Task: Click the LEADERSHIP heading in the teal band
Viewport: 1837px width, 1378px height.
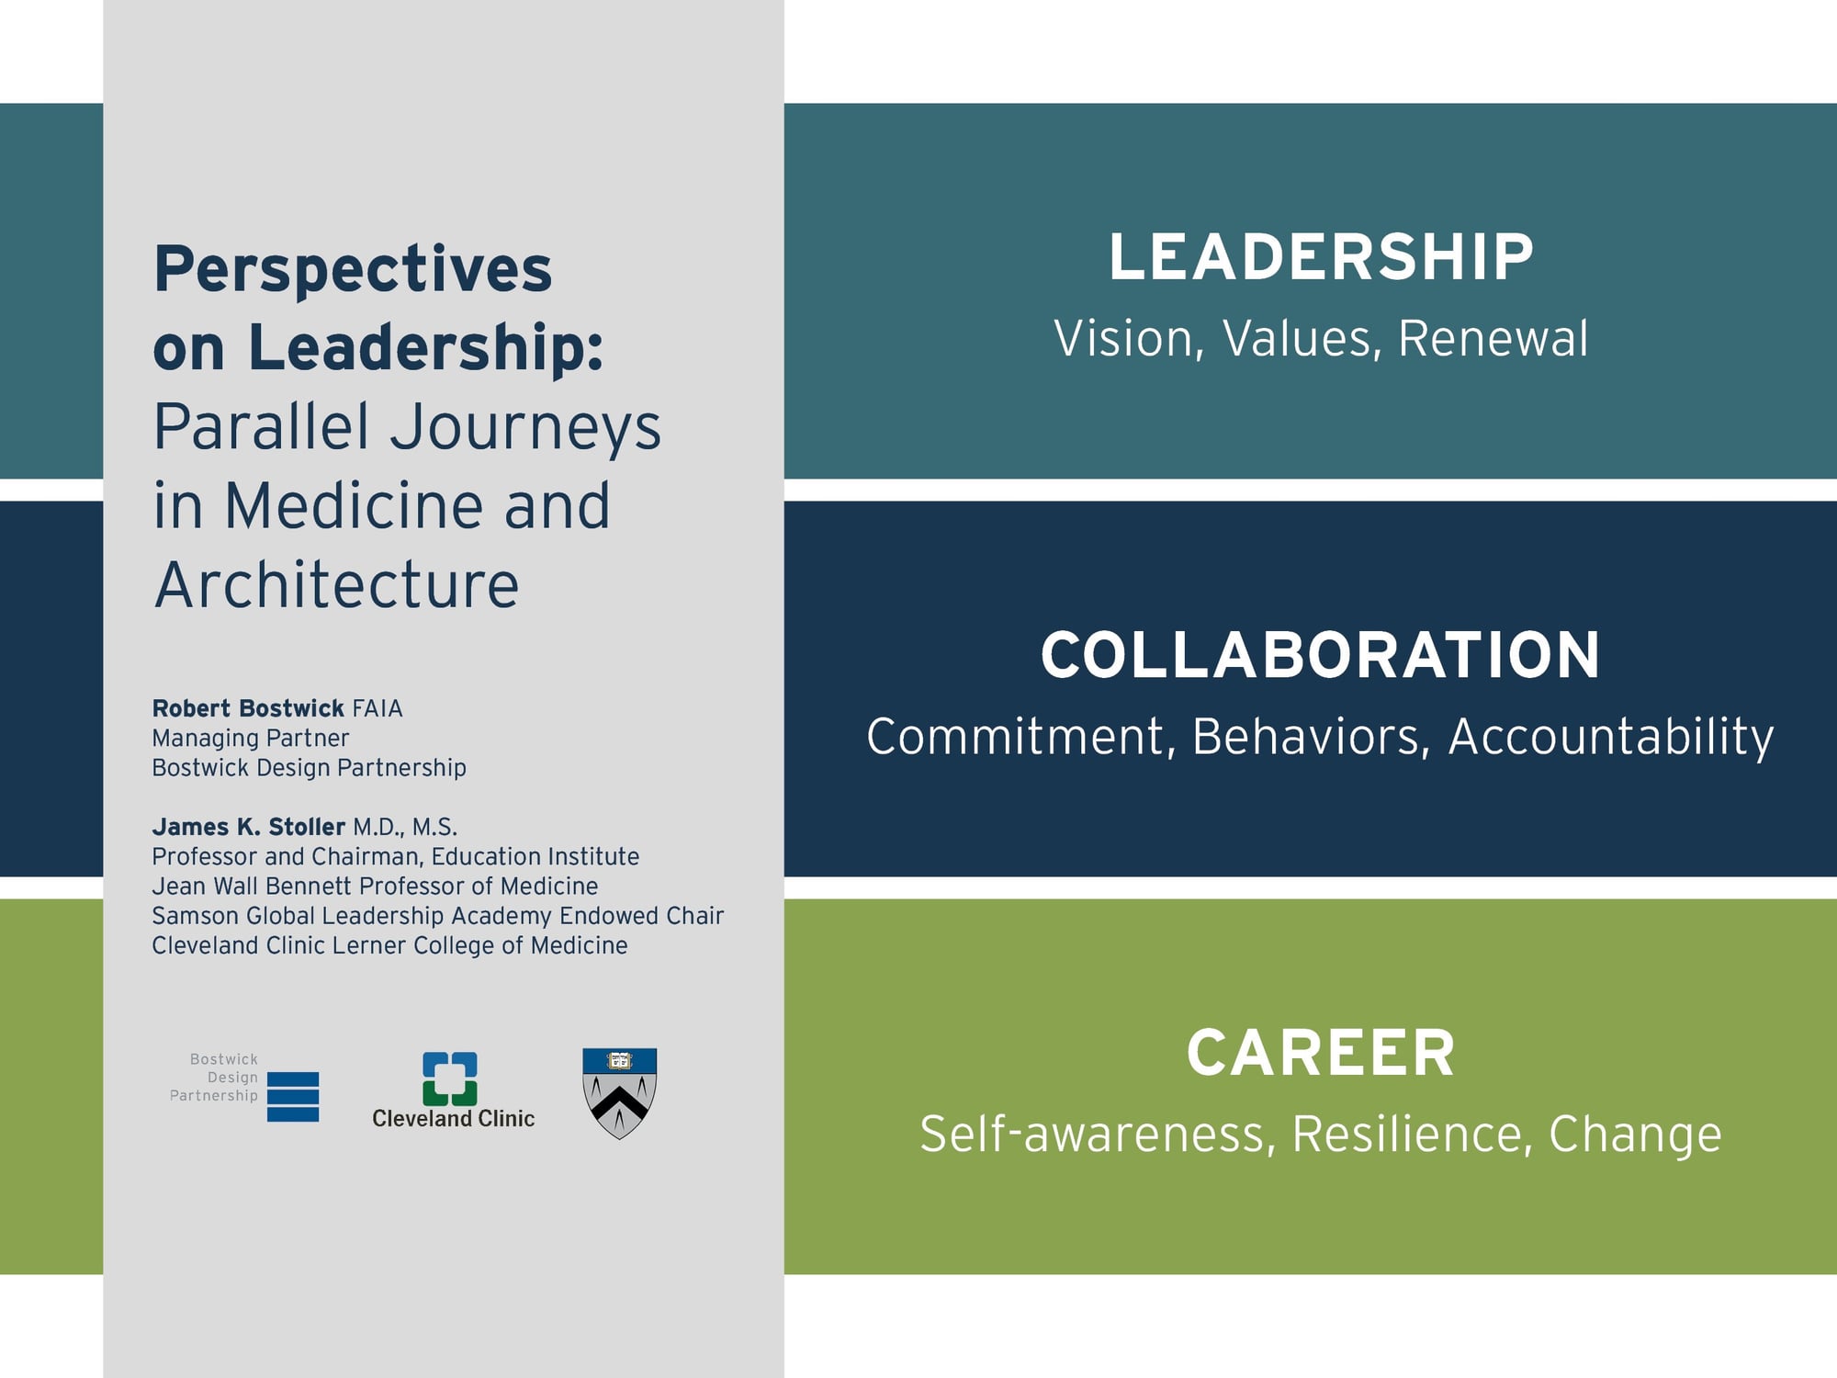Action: coord(1321,257)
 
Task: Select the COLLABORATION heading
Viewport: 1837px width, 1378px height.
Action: coord(1321,655)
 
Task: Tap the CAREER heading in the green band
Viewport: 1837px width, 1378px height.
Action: coord(1321,1053)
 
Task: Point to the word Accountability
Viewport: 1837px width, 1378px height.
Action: coord(1611,737)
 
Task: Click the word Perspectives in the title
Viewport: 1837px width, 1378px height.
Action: coord(353,271)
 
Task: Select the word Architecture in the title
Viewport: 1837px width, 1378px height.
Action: coord(336,585)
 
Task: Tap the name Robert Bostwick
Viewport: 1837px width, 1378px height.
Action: coord(248,708)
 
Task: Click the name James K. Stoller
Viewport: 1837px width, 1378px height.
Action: coord(248,827)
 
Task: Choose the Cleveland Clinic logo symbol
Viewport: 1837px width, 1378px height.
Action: coord(450,1079)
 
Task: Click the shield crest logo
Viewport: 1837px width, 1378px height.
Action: coord(620,1093)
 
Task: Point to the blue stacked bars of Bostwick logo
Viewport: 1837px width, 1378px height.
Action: coord(293,1097)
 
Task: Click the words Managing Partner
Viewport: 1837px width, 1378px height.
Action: coord(251,739)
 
